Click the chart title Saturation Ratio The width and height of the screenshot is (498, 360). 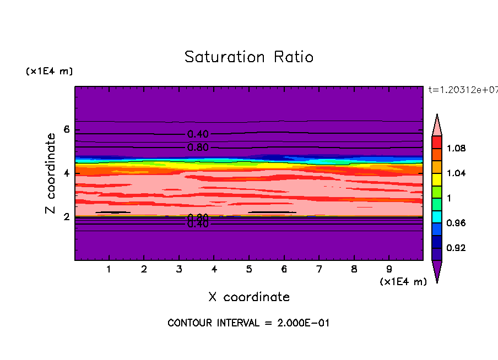[x=249, y=57]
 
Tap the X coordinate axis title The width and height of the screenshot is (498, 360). [x=249, y=297]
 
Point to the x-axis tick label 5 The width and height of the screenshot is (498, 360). [x=249, y=270]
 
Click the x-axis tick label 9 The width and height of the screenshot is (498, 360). [x=389, y=270]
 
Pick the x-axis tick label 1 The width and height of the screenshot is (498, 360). [x=109, y=270]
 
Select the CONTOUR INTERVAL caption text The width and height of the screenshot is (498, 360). [x=248, y=323]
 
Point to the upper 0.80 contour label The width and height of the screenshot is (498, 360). [x=198, y=148]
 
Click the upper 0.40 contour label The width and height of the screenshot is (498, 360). [x=198, y=134]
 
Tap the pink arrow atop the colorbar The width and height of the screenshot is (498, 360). [x=437, y=124]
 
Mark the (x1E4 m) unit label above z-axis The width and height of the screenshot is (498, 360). [x=49, y=72]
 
